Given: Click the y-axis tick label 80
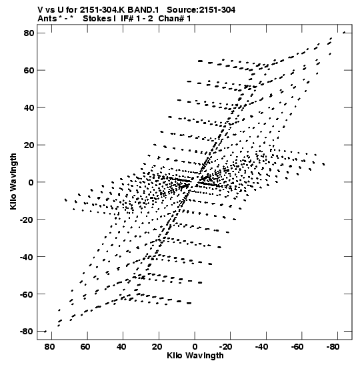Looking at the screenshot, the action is (x=29, y=33).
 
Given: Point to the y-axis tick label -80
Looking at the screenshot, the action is (x=27, y=331).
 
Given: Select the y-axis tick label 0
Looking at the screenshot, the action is (x=31, y=182).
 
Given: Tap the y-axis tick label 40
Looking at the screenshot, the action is (x=29, y=108).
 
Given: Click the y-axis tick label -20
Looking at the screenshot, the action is (x=27, y=220).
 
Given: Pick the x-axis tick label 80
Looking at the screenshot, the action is (x=49, y=346).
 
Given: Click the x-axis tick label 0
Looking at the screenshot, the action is (x=195, y=346).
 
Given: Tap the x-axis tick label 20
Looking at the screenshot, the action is (x=157, y=346).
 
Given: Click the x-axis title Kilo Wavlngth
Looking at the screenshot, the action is (x=195, y=356).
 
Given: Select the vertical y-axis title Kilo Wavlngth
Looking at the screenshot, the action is (x=13, y=181).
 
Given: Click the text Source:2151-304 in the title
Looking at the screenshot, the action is (x=201, y=10).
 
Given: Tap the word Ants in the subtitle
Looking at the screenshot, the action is (x=47, y=19).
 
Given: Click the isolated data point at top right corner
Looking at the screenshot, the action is (x=344, y=33).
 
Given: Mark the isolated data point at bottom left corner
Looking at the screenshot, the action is (x=45, y=331).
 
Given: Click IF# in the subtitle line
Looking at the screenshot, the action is (x=127, y=19).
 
